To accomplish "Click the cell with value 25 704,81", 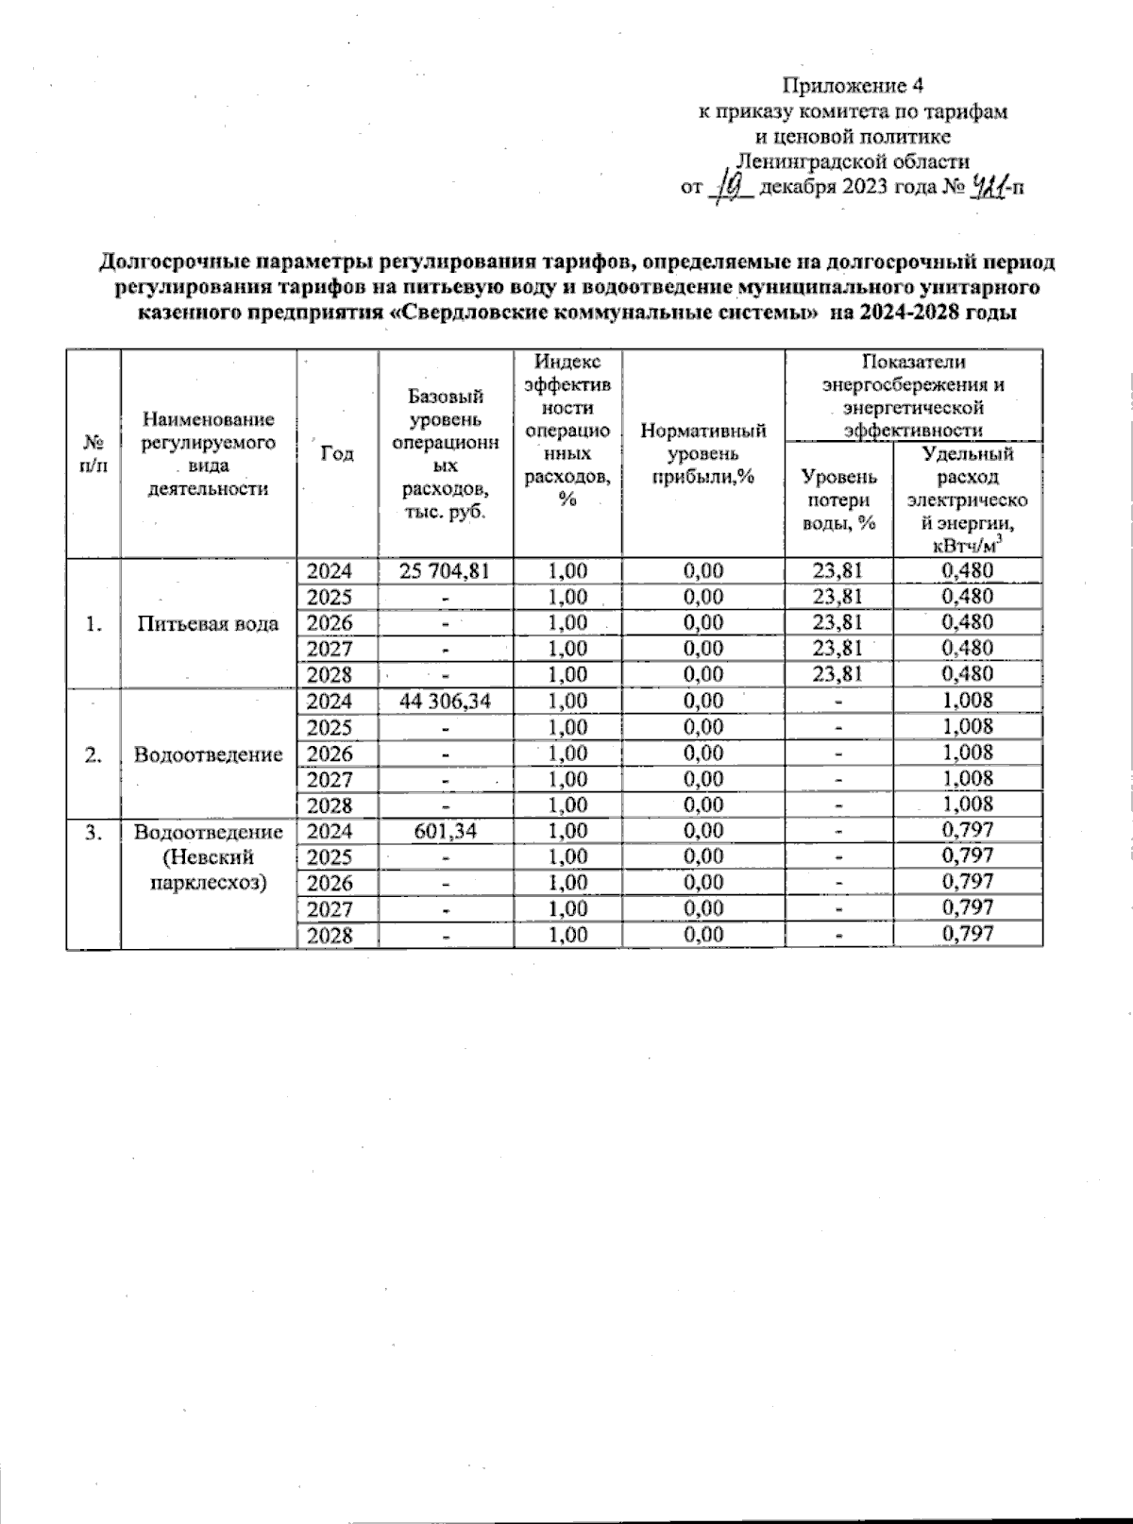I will pyautogui.click(x=445, y=571).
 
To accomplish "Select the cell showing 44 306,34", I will pyautogui.click(x=445, y=701).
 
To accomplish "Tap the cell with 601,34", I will pyautogui.click(x=445, y=831).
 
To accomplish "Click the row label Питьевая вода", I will pyautogui.click(x=208, y=623).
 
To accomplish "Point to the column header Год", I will pyautogui.click(x=337, y=453).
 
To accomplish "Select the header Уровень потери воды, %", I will pyautogui.click(x=838, y=500).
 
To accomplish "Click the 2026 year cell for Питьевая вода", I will pyautogui.click(x=329, y=623).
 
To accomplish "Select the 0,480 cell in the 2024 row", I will pyautogui.click(x=968, y=570).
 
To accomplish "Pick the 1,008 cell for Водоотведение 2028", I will pyautogui.click(x=968, y=804).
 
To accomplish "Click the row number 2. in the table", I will pyautogui.click(x=93, y=754).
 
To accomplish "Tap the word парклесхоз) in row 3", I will pyautogui.click(x=208, y=884).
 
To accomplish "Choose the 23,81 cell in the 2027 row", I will pyautogui.click(x=837, y=649).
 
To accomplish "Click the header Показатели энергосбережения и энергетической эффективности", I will pyautogui.click(x=913, y=396).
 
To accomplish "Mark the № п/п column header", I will pyautogui.click(x=93, y=454).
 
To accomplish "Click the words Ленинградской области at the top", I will pyautogui.click(x=854, y=161).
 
